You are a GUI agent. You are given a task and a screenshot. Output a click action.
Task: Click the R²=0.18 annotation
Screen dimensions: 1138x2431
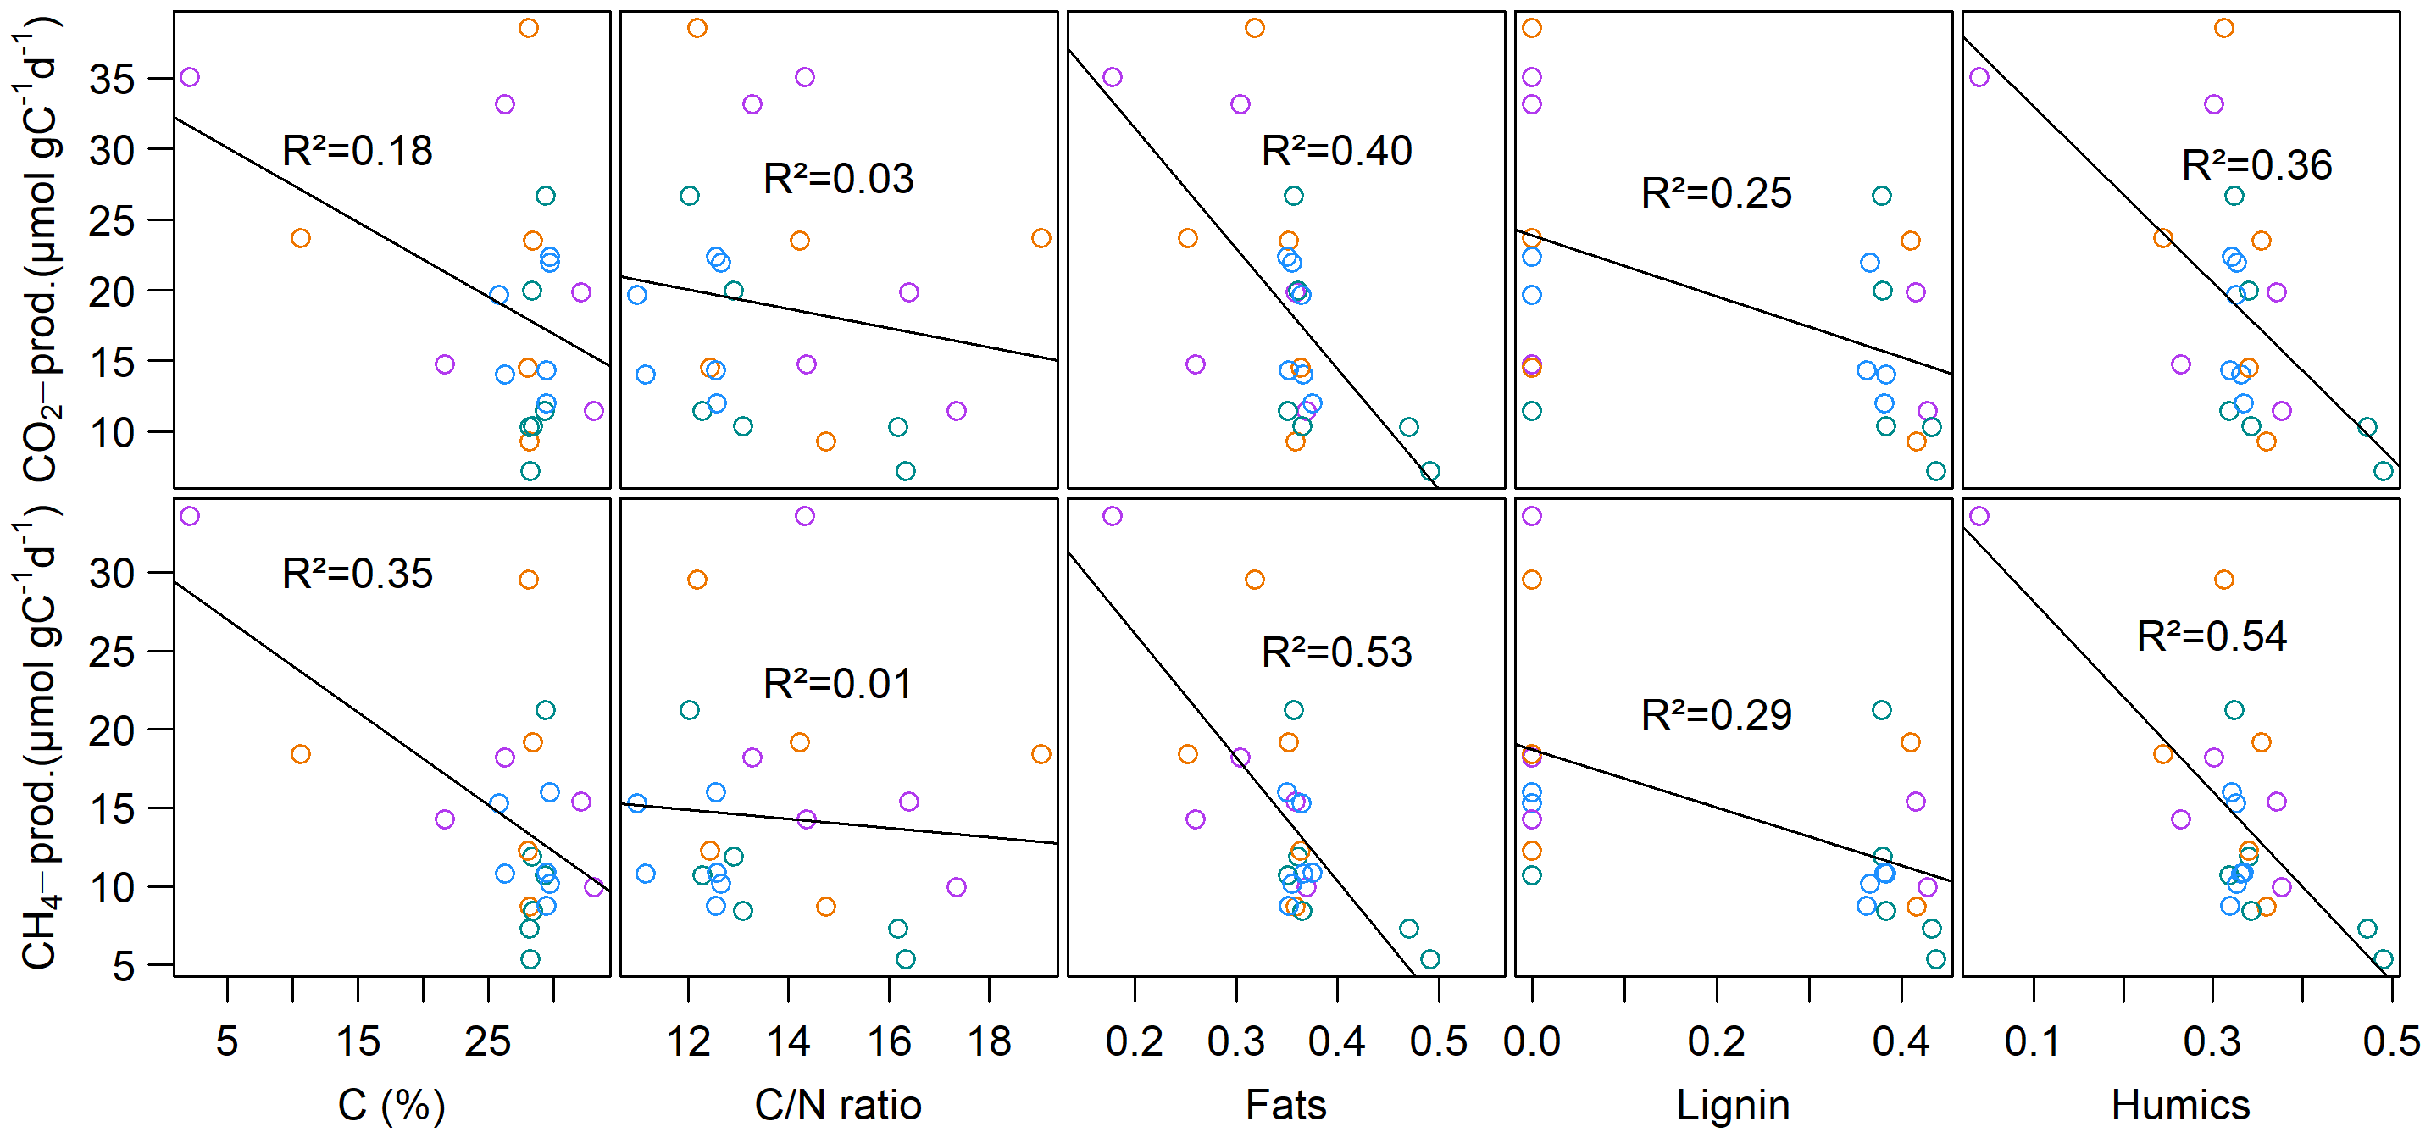pyautogui.click(x=357, y=151)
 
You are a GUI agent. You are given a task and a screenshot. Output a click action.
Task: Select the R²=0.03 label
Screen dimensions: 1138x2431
pyautogui.click(x=838, y=180)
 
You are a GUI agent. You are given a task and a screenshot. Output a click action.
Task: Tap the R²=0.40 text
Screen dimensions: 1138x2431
pyautogui.click(x=1336, y=151)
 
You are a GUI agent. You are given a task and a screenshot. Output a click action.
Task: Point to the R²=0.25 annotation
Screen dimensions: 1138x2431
pyautogui.click(x=1716, y=193)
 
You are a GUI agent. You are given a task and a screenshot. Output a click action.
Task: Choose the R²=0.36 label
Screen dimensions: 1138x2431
pyautogui.click(x=2256, y=165)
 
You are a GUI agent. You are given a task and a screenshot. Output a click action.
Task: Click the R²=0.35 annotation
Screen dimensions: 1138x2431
pyautogui.click(x=357, y=574)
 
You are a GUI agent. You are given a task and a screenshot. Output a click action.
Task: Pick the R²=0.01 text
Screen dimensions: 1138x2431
pyautogui.click(x=838, y=684)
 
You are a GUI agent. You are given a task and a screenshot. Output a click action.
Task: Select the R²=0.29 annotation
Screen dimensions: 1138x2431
pyautogui.click(x=1716, y=715)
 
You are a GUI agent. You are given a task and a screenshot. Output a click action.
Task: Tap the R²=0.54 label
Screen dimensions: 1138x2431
pyautogui.click(x=2211, y=636)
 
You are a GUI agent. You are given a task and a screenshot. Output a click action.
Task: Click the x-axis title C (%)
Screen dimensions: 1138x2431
pyautogui.click(x=391, y=1105)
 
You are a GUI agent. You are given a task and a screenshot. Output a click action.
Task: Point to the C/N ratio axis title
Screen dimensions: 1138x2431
pyautogui.click(x=838, y=1105)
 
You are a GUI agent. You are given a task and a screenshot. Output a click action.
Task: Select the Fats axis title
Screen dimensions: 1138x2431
pyautogui.click(x=1285, y=1105)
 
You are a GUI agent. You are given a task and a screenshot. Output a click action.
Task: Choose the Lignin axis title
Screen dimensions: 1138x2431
pyautogui.click(x=1733, y=1105)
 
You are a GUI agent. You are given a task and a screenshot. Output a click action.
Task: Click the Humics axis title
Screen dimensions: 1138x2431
pyautogui.click(x=2180, y=1105)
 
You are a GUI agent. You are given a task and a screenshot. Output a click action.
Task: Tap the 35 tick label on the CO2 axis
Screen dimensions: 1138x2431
pyautogui.click(x=111, y=80)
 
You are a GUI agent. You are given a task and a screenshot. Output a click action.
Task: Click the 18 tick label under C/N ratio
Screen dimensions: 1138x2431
pyautogui.click(x=989, y=1041)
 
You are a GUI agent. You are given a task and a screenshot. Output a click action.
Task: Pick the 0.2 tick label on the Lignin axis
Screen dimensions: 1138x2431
pyautogui.click(x=1716, y=1041)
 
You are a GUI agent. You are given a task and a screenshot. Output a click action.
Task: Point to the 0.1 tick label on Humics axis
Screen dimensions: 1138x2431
pyautogui.click(x=2033, y=1041)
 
